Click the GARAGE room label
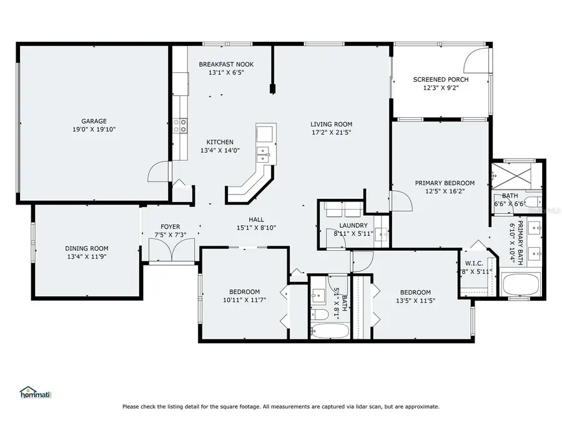click(x=94, y=121)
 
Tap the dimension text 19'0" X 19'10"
click(x=94, y=130)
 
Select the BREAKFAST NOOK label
click(x=226, y=64)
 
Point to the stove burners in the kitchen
click(x=180, y=126)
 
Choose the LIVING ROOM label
click(x=332, y=123)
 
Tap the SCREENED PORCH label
click(x=441, y=79)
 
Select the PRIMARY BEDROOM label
click(x=445, y=183)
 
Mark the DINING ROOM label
click(x=87, y=248)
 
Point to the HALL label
click(x=256, y=219)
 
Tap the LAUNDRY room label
click(x=353, y=225)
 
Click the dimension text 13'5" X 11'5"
click(x=415, y=301)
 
